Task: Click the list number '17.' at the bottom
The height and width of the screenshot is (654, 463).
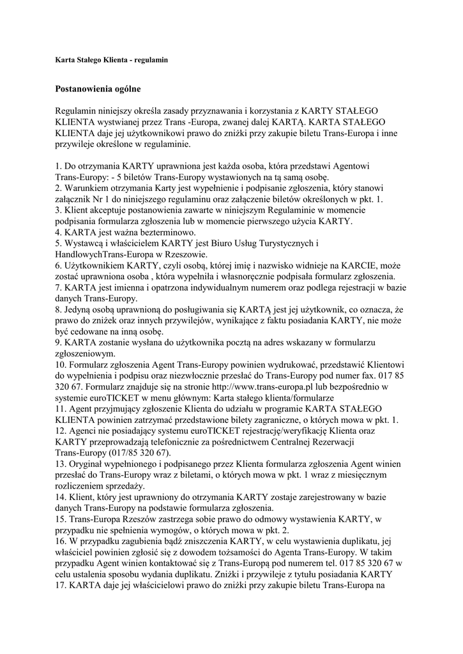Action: (62, 584)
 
